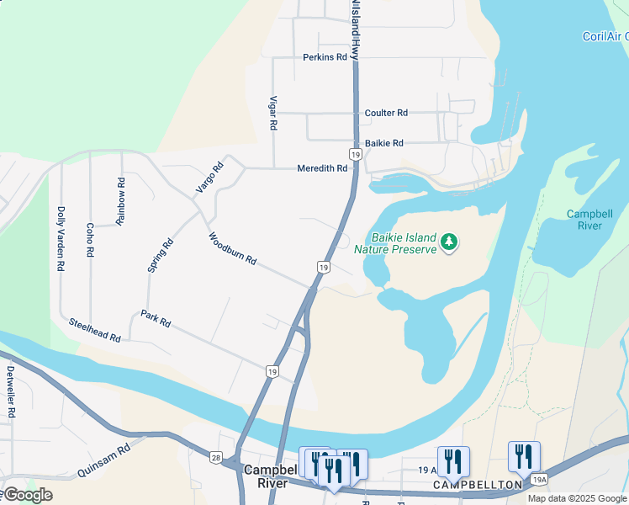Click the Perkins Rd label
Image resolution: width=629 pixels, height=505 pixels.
click(x=325, y=57)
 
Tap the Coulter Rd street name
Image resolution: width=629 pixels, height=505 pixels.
click(x=386, y=113)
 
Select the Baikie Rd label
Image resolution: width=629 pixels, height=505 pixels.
click(x=384, y=143)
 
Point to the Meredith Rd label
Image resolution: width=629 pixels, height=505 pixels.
click(x=322, y=168)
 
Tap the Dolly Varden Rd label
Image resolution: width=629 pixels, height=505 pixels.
click(x=61, y=238)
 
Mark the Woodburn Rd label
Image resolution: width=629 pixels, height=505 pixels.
click(x=231, y=249)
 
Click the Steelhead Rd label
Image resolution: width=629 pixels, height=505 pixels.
click(x=95, y=329)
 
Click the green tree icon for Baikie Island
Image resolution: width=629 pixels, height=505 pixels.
click(x=450, y=242)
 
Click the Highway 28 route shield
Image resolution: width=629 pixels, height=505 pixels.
click(x=216, y=457)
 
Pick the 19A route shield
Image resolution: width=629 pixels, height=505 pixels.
click(x=539, y=479)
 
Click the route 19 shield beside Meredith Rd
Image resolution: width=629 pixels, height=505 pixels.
click(x=356, y=156)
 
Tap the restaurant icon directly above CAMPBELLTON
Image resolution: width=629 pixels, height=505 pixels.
click(x=453, y=460)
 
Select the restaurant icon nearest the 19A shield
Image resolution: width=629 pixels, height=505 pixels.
click(x=524, y=456)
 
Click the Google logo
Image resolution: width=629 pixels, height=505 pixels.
click(x=27, y=495)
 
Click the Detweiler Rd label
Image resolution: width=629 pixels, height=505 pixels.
click(x=10, y=392)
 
